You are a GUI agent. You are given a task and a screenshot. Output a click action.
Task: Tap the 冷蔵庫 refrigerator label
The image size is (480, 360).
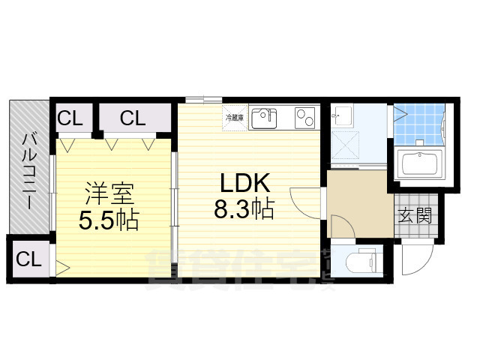coord(234,118)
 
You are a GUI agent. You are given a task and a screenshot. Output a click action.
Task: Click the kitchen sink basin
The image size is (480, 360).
coord(263,117)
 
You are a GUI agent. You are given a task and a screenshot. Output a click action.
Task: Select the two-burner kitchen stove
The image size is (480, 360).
coord(306,118)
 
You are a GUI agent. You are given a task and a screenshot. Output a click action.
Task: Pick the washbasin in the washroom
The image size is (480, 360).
coord(342,116)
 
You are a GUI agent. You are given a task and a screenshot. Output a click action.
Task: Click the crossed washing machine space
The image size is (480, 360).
coord(347,145)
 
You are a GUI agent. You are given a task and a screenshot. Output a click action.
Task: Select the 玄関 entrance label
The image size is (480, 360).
coord(414,217)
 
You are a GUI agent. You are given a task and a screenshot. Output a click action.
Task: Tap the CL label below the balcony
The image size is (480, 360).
coord(28,260)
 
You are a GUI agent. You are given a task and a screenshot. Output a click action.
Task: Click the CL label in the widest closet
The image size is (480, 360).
coord(133,118)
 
